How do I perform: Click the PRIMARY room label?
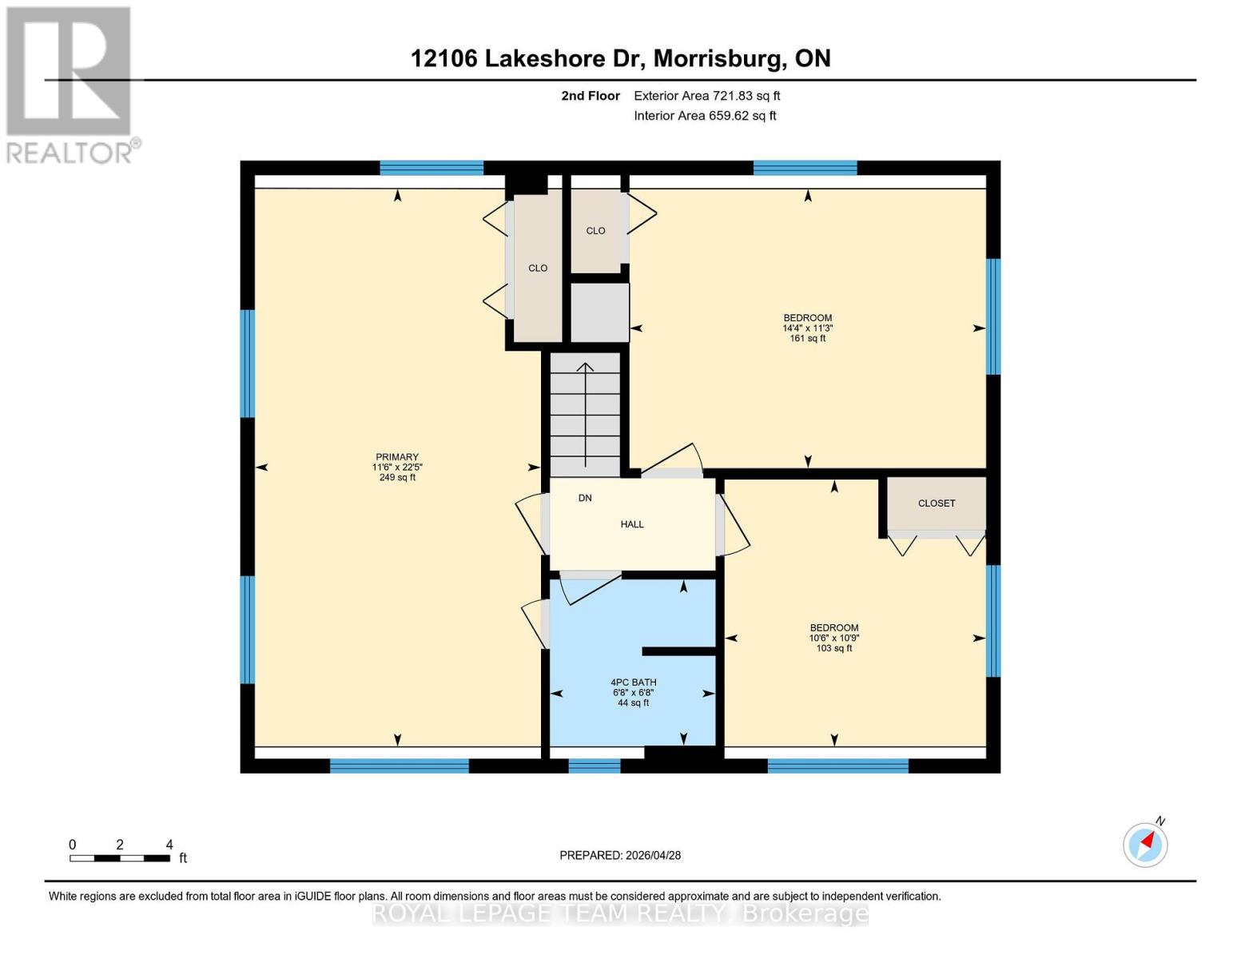click(x=397, y=457)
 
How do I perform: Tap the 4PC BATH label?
click(x=633, y=682)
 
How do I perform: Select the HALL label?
click(x=632, y=524)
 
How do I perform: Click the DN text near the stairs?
click(x=585, y=498)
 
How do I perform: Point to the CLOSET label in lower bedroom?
click(x=937, y=503)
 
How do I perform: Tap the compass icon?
click(x=1146, y=844)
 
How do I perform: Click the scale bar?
click(x=120, y=858)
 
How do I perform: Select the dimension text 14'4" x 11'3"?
click(x=808, y=328)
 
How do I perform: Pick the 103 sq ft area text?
click(x=834, y=648)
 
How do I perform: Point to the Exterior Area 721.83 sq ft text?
click(x=706, y=96)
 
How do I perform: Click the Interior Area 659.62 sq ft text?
click(x=705, y=116)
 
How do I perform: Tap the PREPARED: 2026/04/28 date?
click(x=620, y=855)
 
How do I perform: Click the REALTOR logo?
click(x=70, y=84)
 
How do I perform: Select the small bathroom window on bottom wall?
click(x=594, y=766)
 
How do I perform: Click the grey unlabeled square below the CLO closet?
click(x=599, y=312)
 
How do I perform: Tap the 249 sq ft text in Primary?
click(x=397, y=477)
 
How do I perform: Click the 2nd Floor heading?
click(x=591, y=96)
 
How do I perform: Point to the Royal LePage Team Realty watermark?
click(x=620, y=913)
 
